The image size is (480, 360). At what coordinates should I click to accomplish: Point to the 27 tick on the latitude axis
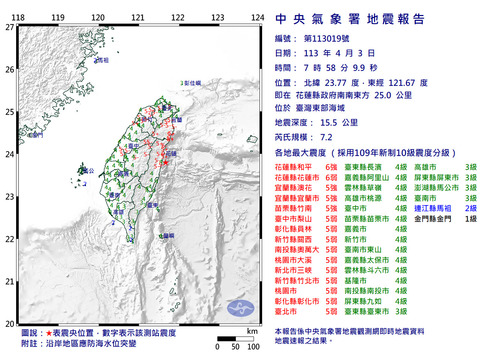pyautogui.click(x=10, y=28)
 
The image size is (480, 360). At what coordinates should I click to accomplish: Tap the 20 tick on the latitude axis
pyautogui.click(x=10, y=324)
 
